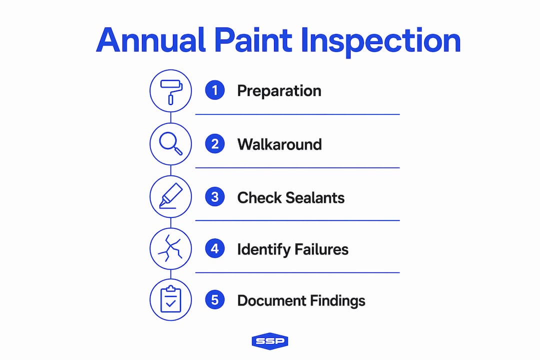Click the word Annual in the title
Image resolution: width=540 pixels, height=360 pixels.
pos(150,40)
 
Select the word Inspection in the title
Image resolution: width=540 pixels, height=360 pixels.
pos(380,42)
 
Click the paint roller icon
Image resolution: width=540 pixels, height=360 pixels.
pos(171,92)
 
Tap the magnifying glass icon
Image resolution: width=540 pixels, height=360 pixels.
pos(170,143)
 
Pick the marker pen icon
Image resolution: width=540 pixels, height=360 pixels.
pos(171,195)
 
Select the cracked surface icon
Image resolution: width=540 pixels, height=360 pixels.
pos(170,248)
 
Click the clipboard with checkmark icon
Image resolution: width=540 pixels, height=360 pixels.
pos(171,299)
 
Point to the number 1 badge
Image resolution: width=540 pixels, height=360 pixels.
pos(215,90)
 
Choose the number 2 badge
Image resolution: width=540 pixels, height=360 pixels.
pos(215,143)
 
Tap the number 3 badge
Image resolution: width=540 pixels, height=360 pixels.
pos(215,196)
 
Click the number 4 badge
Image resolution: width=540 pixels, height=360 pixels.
pos(215,248)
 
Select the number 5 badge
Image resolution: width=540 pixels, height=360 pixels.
pos(215,299)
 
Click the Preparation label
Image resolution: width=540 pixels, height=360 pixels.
pos(279,91)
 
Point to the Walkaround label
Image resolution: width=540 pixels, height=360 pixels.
pos(279,144)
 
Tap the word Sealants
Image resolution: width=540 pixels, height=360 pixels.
pos(315,197)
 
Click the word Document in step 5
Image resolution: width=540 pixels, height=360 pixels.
pos(271,300)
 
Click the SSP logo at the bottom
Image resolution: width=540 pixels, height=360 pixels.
pos(270,341)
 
